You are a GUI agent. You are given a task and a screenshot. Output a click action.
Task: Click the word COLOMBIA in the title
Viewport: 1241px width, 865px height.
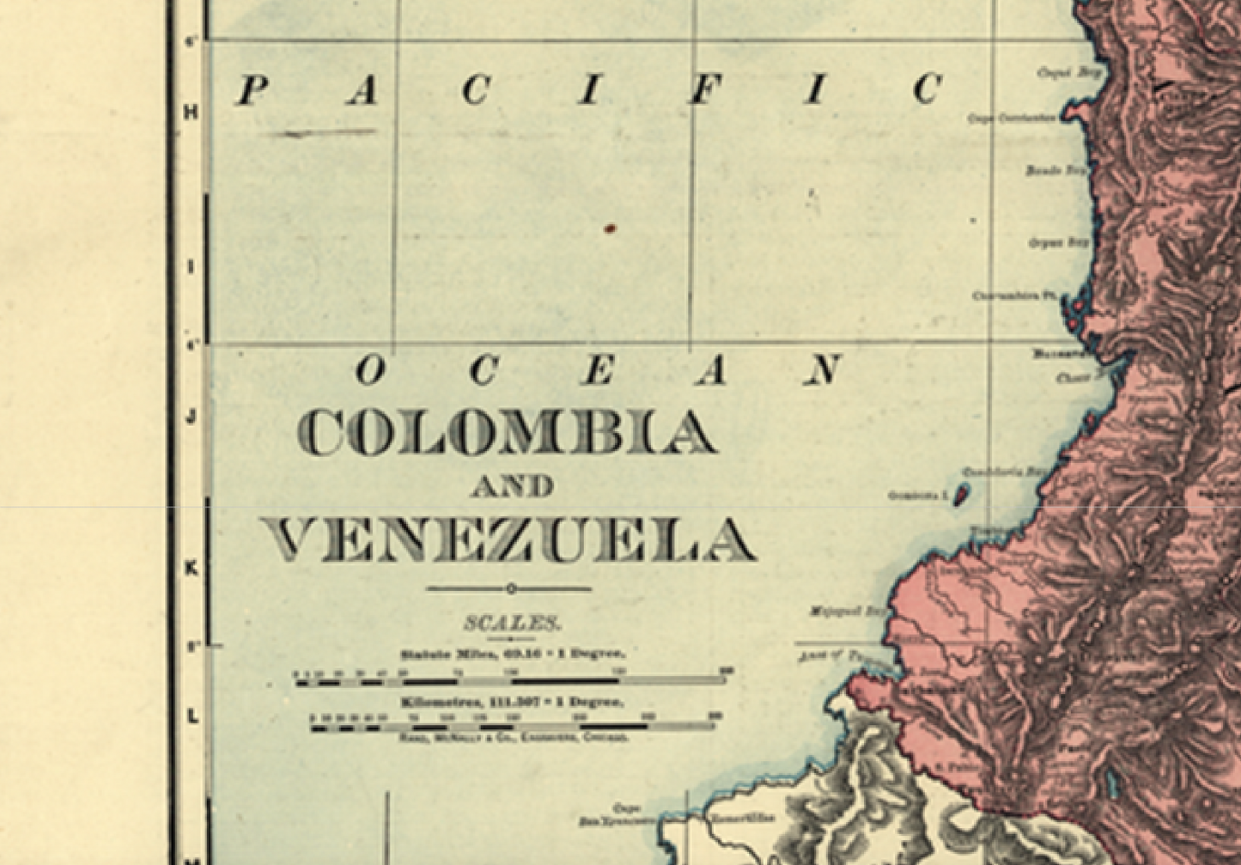click(x=508, y=432)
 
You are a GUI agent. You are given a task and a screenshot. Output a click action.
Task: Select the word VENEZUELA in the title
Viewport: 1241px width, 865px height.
click(x=508, y=541)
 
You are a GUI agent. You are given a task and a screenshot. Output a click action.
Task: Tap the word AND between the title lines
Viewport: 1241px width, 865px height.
click(x=512, y=487)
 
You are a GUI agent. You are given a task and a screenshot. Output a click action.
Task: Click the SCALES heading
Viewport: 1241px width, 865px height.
click(x=513, y=623)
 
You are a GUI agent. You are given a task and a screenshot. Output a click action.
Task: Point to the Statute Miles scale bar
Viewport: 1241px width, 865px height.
click(x=513, y=681)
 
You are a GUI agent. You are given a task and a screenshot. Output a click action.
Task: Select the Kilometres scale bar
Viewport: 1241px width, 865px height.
click(x=513, y=727)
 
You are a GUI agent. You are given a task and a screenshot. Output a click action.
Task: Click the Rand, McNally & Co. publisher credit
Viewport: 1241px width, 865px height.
click(x=513, y=738)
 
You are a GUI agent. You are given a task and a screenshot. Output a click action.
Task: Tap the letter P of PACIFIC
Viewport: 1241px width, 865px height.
click(x=250, y=90)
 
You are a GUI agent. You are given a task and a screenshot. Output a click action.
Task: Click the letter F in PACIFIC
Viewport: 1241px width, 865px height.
click(x=702, y=90)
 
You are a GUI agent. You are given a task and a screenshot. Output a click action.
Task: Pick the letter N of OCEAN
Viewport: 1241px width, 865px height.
click(x=823, y=370)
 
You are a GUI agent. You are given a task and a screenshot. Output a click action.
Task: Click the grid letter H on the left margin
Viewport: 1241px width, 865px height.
click(x=192, y=113)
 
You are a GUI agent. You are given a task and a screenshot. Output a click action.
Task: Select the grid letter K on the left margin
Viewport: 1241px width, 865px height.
click(x=192, y=568)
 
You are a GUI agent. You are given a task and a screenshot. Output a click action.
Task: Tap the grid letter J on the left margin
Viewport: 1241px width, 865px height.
click(x=192, y=417)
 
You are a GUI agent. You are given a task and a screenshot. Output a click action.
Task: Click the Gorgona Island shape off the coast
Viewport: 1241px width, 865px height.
click(x=962, y=493)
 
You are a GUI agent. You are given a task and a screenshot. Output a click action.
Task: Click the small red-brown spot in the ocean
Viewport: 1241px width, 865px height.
click(x=610, y=228)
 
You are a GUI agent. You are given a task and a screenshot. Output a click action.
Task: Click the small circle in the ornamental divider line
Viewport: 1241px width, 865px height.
click(x=510, y=588)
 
